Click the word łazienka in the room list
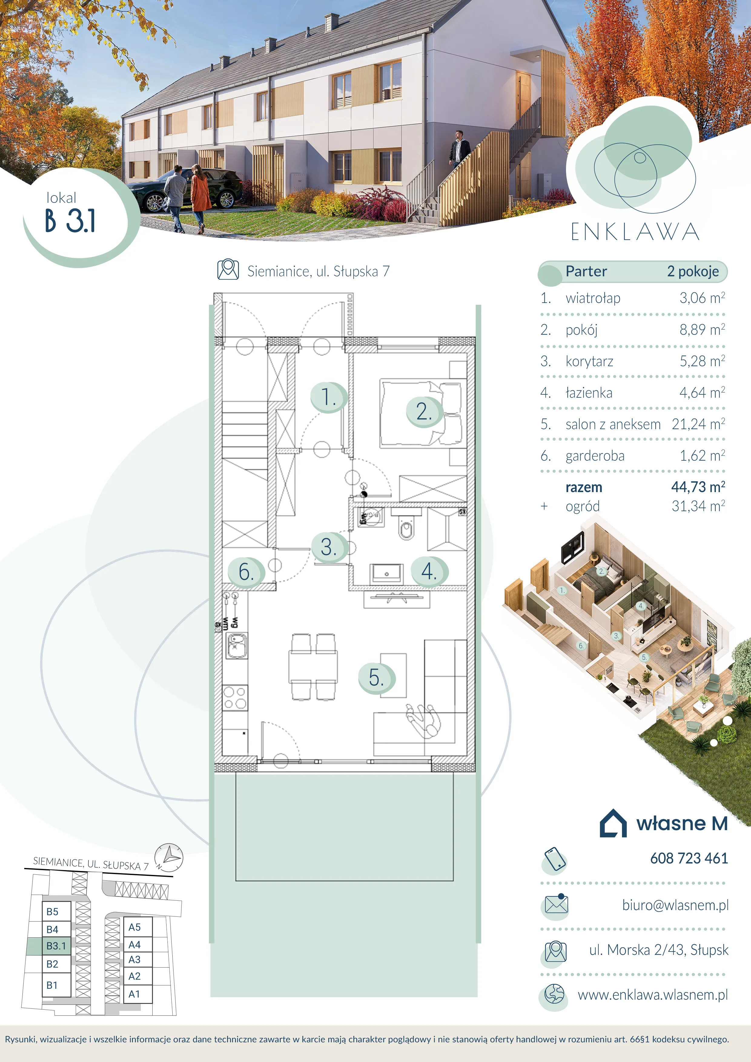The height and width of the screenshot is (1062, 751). tap(589, 393)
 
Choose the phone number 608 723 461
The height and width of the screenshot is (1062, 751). tap(689, 859)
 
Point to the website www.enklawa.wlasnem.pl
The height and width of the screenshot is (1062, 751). tap(653, 995)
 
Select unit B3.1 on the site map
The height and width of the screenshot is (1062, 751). tap(56, 946)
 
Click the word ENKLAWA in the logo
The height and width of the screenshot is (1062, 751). tap(635, 232)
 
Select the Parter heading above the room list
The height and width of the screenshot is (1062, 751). tap(586, 271)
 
